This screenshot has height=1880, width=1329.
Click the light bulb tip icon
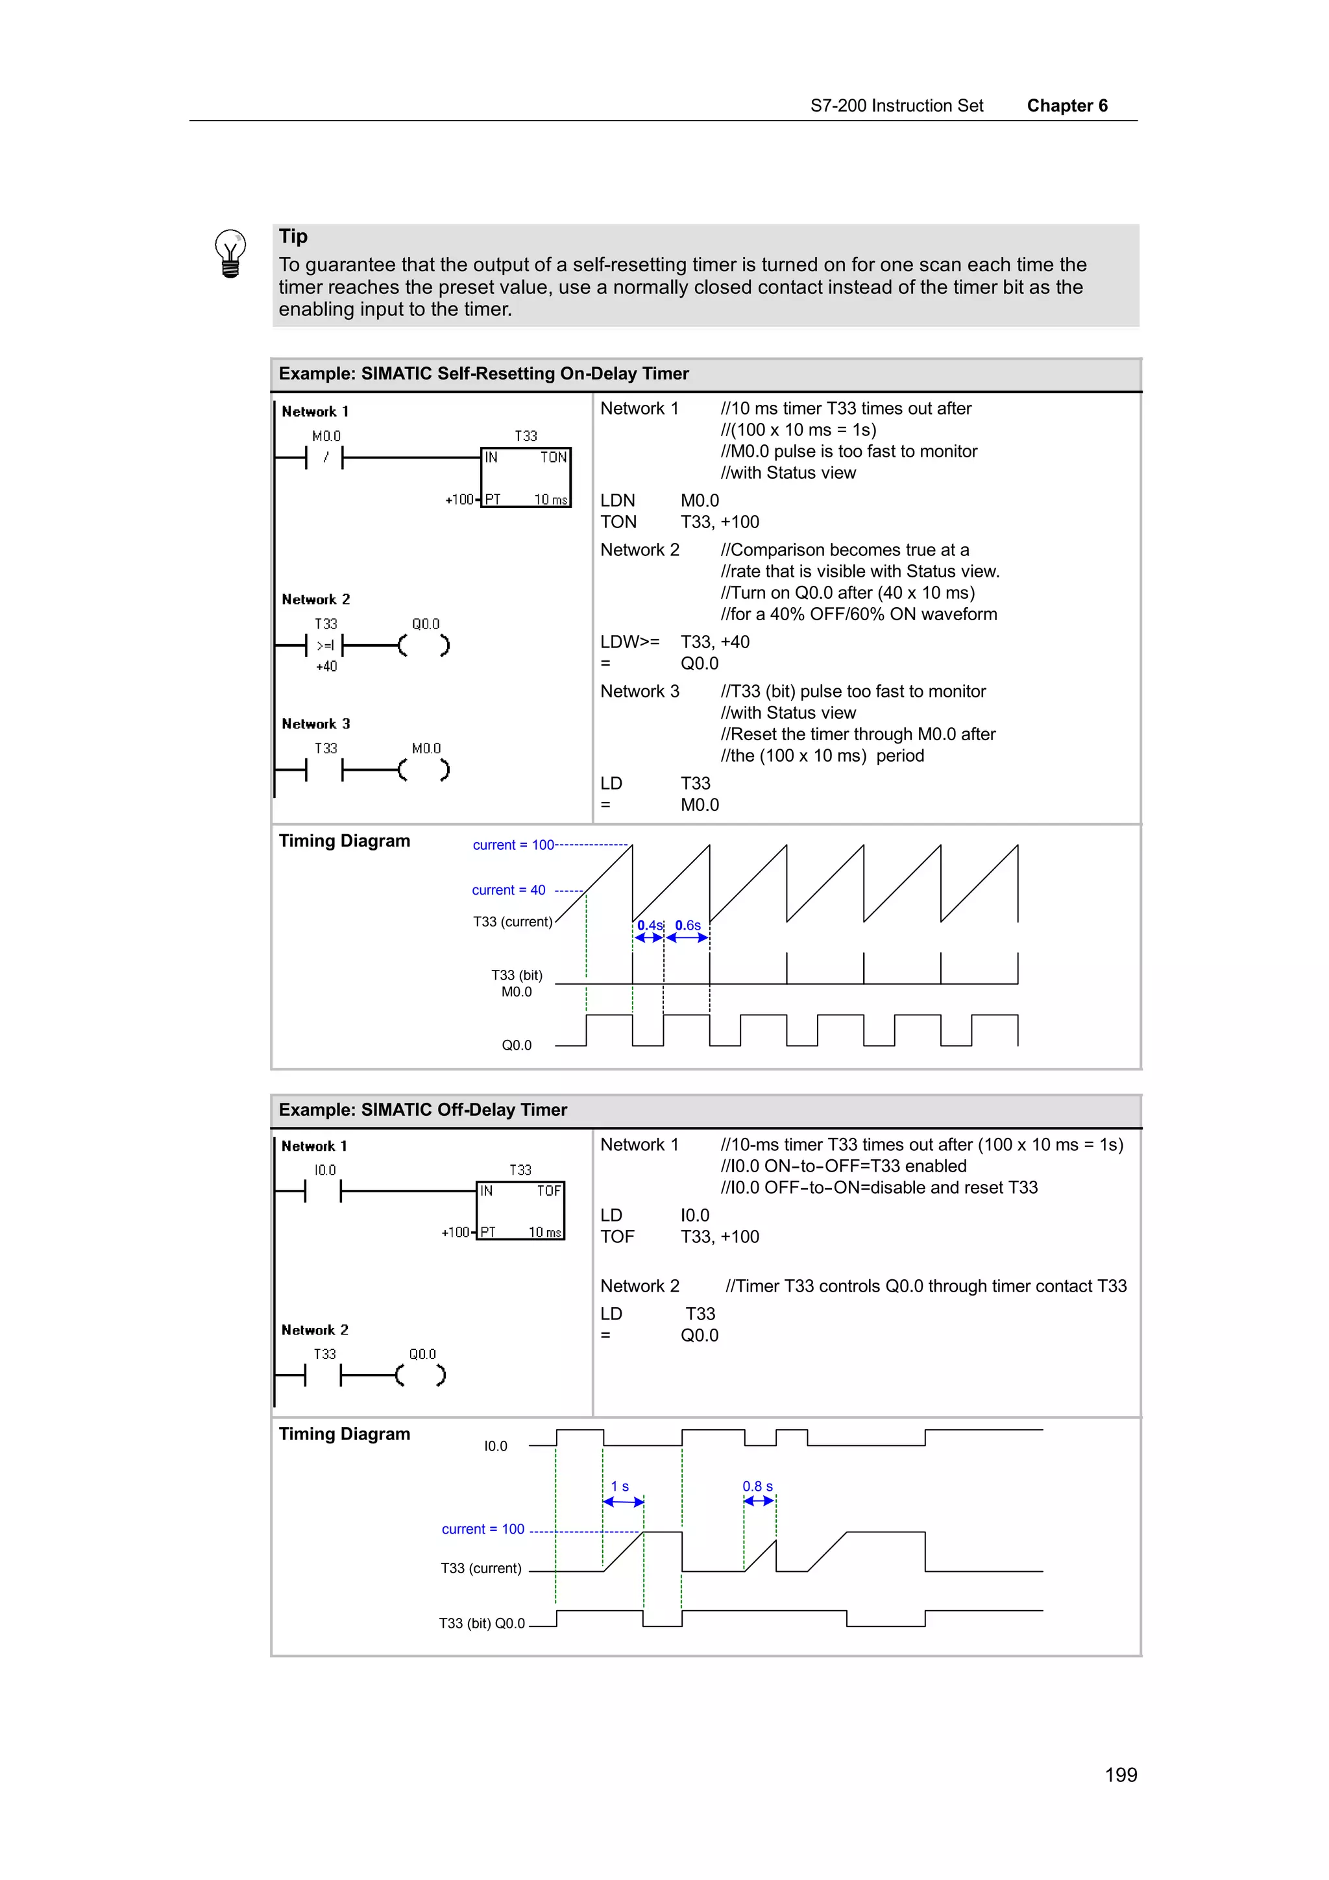point(230,253)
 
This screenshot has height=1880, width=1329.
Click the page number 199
point(1120,1774)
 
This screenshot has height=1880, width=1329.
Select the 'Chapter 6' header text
point(1066,106)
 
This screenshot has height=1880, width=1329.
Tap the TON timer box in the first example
point(525,477)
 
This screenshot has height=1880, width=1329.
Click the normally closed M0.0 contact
point(325,458)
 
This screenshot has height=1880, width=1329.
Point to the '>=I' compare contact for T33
point(325,646)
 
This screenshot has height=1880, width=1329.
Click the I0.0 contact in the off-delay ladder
point(323,1191)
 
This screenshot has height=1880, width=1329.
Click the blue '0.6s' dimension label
point(687,925)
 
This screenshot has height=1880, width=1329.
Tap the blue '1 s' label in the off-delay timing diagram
point(620,1486)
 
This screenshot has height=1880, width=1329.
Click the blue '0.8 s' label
point(757,1486)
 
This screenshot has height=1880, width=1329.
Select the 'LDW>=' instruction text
point(629,642)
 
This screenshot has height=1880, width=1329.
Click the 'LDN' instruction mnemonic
point(617,500)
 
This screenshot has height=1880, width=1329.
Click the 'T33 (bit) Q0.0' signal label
point(482,1623)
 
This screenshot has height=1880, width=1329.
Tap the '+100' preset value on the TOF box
point(456,1233)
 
